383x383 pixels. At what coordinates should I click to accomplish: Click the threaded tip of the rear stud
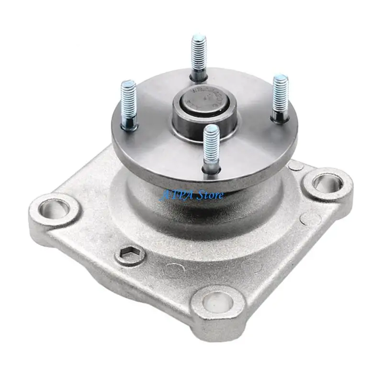(199, 38)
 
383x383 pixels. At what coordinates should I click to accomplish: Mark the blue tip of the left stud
(128, 85)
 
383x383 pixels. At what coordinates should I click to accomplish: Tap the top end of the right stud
(281, 79)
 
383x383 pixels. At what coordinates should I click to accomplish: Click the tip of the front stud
(212, 129)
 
